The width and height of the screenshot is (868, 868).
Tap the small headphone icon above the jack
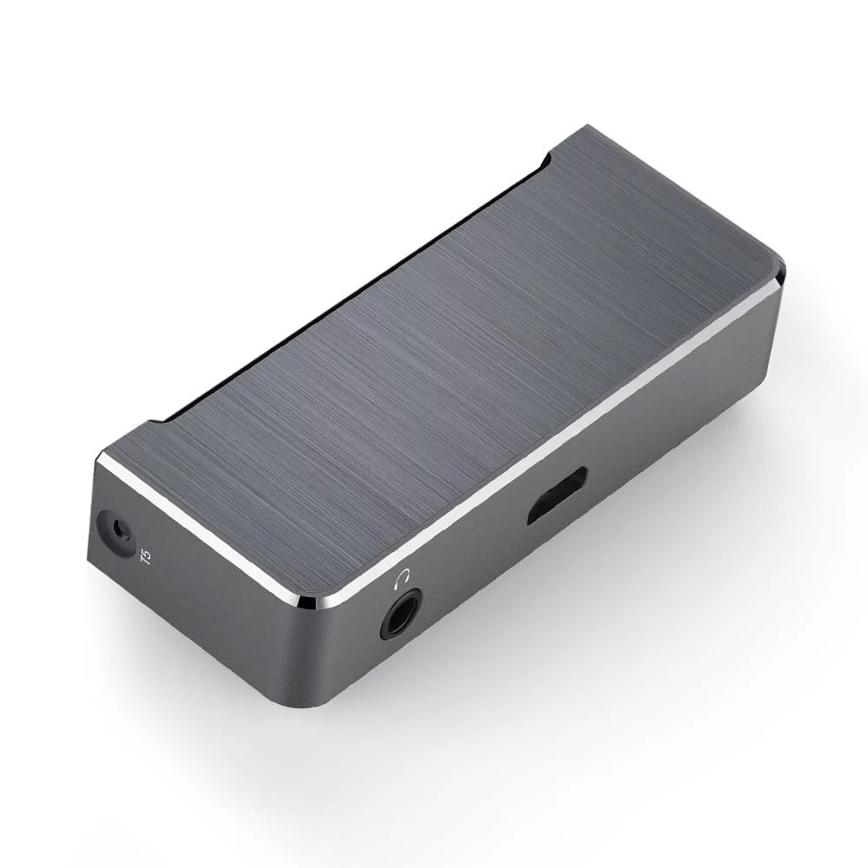[x=402, y=575]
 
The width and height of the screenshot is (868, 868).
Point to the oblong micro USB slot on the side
[x=557, y=496]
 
